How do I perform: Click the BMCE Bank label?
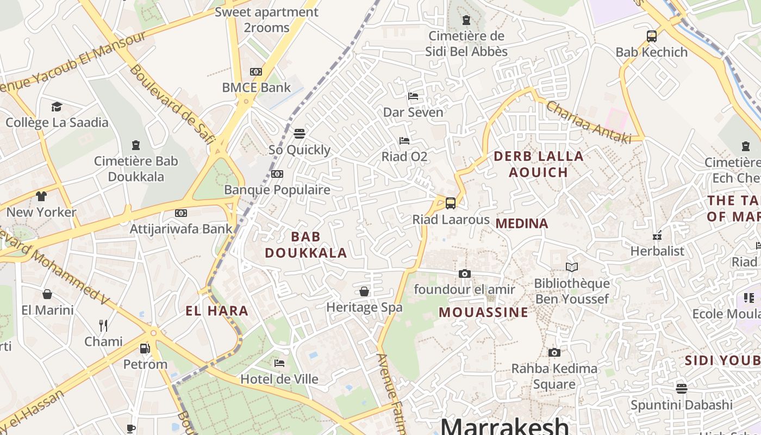pos(256,88)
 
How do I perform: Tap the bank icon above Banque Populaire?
pos(277,174)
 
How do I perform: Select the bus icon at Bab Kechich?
pos(651,36)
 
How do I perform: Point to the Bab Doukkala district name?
pos(305,245)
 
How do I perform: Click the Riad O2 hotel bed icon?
pos(404,141)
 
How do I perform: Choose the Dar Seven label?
pos(413,113)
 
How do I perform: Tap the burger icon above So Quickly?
pos(299,133)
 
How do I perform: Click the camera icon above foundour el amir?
pos(464,274)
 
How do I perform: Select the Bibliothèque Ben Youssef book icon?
pos(571,267)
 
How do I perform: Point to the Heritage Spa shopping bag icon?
pos(364,291)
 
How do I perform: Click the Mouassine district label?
pos(483,312)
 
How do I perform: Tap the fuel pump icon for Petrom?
pos(145,348)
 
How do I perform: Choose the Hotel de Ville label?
pos(279,379)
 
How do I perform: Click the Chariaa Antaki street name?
pos(588,123)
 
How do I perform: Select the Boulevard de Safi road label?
pos(169,106)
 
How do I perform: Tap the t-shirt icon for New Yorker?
pos(41,196)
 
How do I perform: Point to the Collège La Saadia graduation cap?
pos(57,106)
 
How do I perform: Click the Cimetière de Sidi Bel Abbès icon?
pos(466,21)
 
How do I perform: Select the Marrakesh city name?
pos(504,425)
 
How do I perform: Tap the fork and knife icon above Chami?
pos(103,325)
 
